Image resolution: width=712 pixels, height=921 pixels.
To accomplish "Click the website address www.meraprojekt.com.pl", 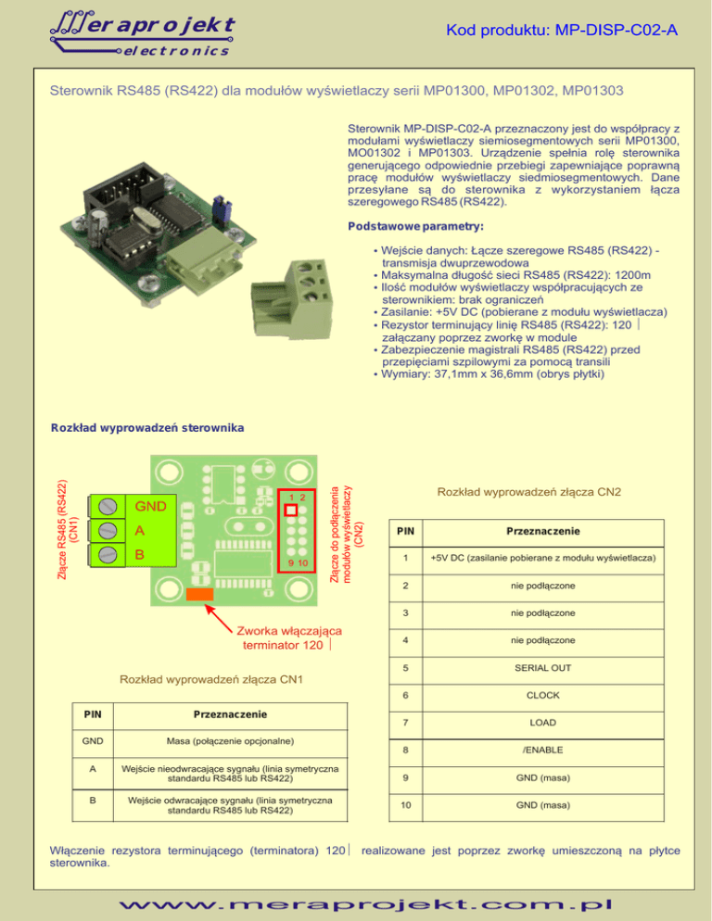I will point(357,900).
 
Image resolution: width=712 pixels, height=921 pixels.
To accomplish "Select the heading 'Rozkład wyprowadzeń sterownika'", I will point(147,428).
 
